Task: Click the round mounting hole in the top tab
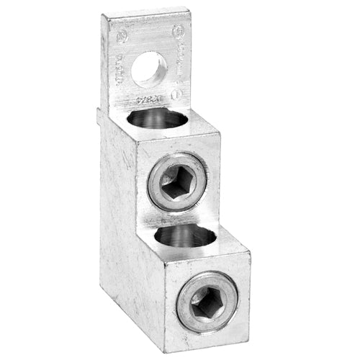pos(150,70)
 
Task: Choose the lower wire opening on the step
pos(185,236)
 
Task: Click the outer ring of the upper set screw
pos(159,173)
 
